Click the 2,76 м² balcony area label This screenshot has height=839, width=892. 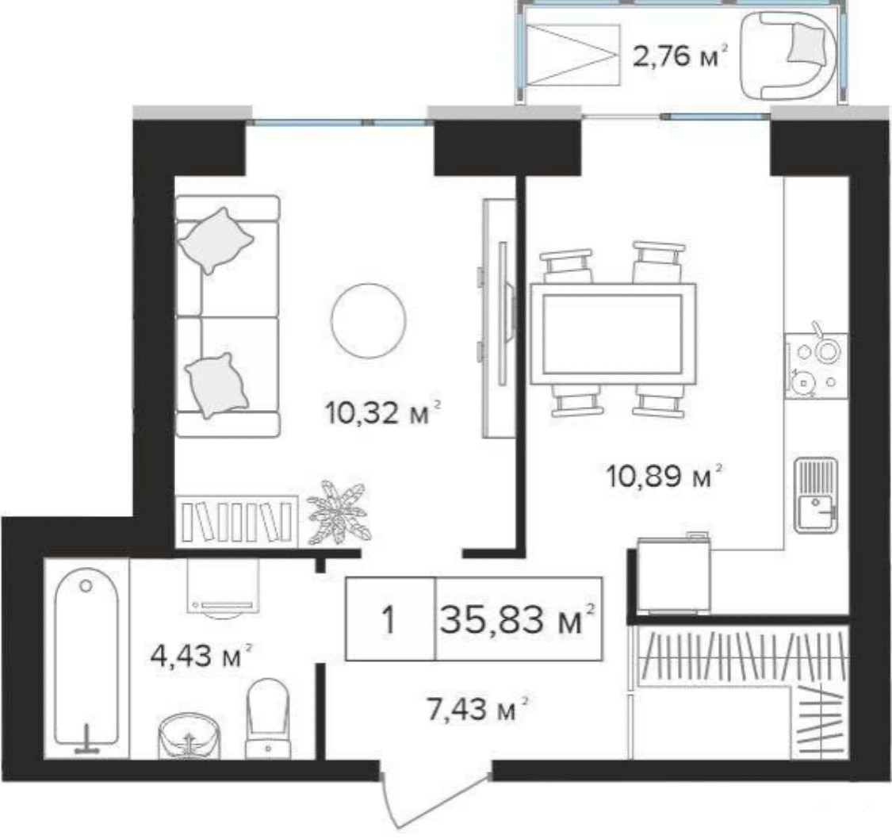[x=680, y=56]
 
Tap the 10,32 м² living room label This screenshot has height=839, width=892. [x=382, y=412]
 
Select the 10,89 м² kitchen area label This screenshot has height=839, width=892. [x=664, y=476]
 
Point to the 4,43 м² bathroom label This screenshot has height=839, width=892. [x=201, y=656]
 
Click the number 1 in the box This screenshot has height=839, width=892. [x=389, y=619]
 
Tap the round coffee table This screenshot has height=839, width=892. [x=369, y=321]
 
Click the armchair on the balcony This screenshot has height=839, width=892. [x=787, y=56]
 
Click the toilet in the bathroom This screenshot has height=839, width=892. [x=267, y=718]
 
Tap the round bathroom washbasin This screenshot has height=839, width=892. [x=188, y=736]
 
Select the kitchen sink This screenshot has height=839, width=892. [x=816, y=495]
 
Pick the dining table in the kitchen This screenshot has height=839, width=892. [x=613, y=334]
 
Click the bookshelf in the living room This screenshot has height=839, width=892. [x=236, y=520]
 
